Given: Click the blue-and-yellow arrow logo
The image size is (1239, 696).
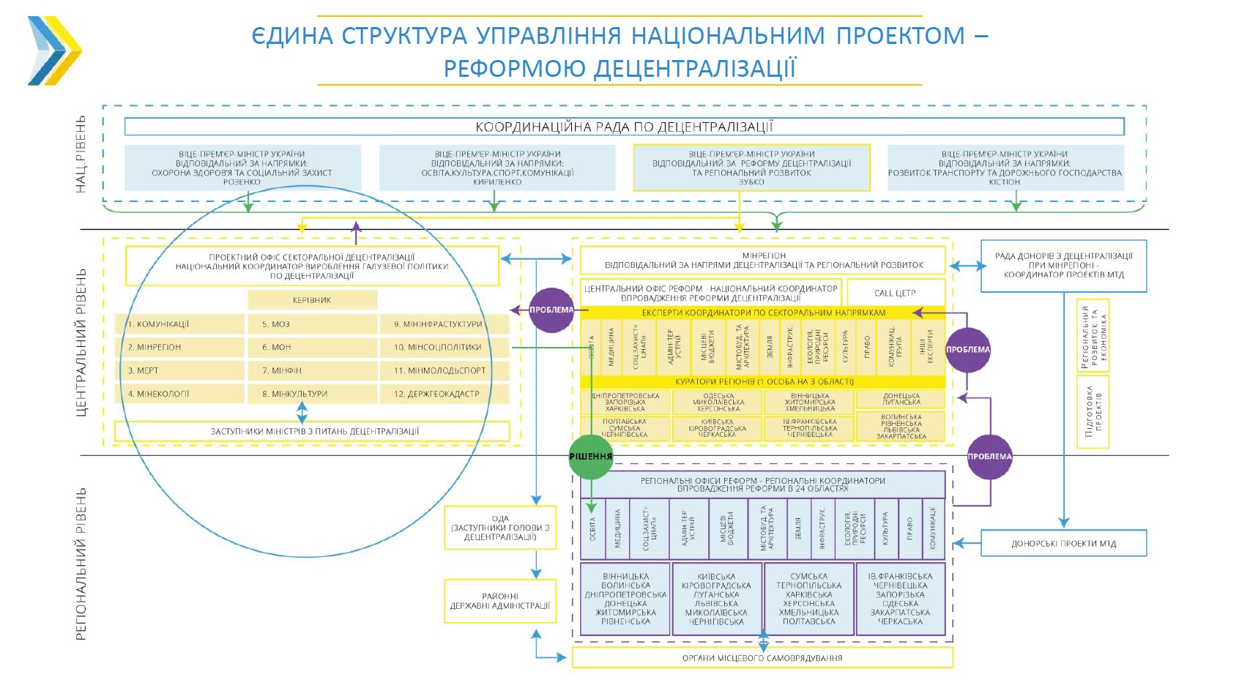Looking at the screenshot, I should pos(55,50).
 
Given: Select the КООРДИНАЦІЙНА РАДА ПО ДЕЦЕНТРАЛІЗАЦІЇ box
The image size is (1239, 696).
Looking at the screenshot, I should pos(624,127).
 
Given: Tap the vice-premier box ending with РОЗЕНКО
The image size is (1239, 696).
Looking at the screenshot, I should pos(242,168).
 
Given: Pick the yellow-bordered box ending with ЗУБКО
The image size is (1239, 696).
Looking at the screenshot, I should pos(751,168).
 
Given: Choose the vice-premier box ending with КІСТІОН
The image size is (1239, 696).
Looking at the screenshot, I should pos(1005,168).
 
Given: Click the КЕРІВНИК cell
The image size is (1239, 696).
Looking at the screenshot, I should pos(312,300).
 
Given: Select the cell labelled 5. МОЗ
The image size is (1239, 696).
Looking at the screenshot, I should pos(311,324).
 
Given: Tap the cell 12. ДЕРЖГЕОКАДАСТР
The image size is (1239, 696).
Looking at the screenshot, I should pos(443,394).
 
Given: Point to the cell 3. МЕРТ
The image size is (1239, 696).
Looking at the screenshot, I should pos(179,370).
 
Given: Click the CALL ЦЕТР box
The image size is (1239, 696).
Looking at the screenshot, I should pos(895,293).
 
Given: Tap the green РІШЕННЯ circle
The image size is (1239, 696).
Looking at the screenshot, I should pos(590,457).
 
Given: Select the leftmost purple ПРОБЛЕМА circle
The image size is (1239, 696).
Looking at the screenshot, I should pos(551,310).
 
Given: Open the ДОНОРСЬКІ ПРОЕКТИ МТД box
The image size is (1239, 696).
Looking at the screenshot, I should pos(1063,544).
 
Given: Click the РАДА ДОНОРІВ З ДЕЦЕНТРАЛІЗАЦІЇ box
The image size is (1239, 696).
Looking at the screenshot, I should pos(1063,266).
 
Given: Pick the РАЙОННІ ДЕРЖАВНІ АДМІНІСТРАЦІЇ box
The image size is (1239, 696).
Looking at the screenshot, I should pos(500,601).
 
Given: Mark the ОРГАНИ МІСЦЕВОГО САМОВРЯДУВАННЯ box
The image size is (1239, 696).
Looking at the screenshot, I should pos(762,658).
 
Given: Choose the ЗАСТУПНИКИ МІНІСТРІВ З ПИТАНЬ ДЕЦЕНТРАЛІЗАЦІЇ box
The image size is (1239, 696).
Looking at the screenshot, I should pos(312,431).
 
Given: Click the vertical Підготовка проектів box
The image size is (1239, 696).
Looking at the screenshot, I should pos(1093,411).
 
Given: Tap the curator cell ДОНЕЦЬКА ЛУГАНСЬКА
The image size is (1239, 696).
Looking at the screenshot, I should pos(901,399).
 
